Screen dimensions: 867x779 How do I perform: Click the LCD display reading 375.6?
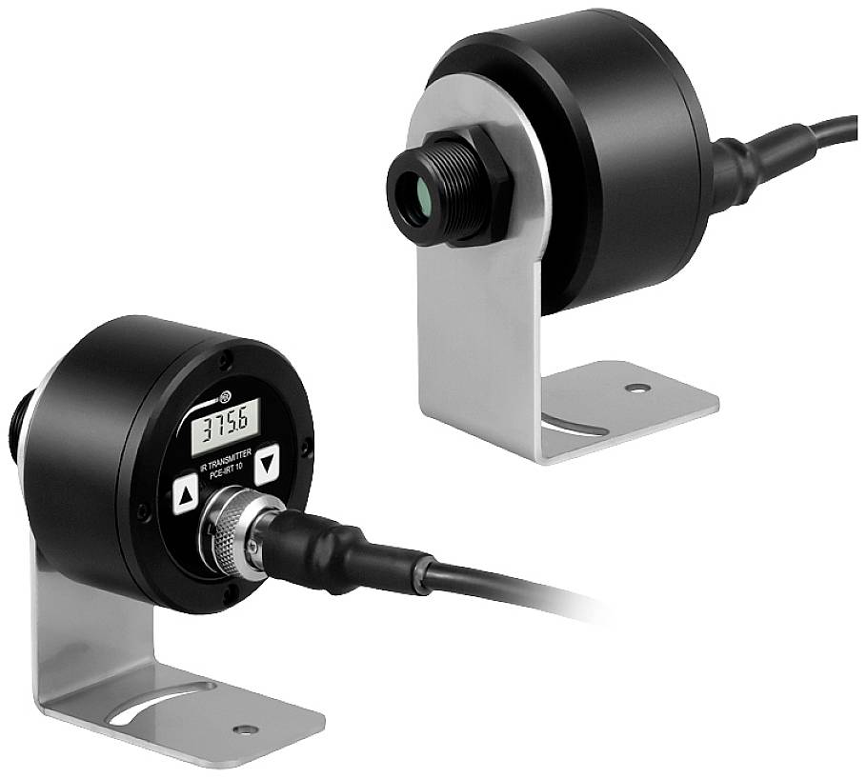(225, 427)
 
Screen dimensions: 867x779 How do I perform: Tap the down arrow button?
(267, 464)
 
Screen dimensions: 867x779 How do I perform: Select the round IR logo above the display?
(225, 396)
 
